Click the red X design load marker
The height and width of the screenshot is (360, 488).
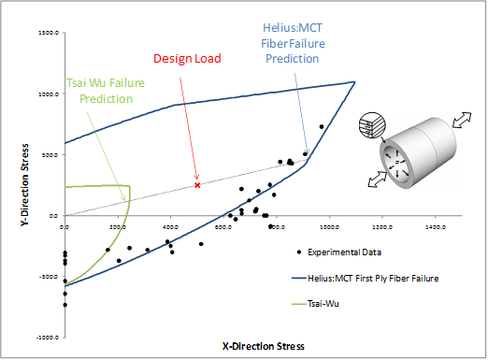[x=197, y=185]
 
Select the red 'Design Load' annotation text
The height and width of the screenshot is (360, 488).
[x=187, y=59]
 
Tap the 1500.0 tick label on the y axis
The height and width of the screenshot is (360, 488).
[x=48, y=33]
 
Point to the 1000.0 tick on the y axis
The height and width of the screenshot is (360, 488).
[x=48, y=94]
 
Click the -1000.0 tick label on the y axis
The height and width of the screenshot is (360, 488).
[x=48, y=338]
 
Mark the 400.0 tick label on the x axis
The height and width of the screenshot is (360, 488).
[x=169, y=225]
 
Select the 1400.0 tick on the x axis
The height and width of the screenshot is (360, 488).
[x=435, y=225]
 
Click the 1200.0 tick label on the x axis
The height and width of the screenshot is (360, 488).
[x=381, y=225]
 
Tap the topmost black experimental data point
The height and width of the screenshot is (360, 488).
[x=321, y=126]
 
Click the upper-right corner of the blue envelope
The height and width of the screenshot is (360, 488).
[x=354, y=81]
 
